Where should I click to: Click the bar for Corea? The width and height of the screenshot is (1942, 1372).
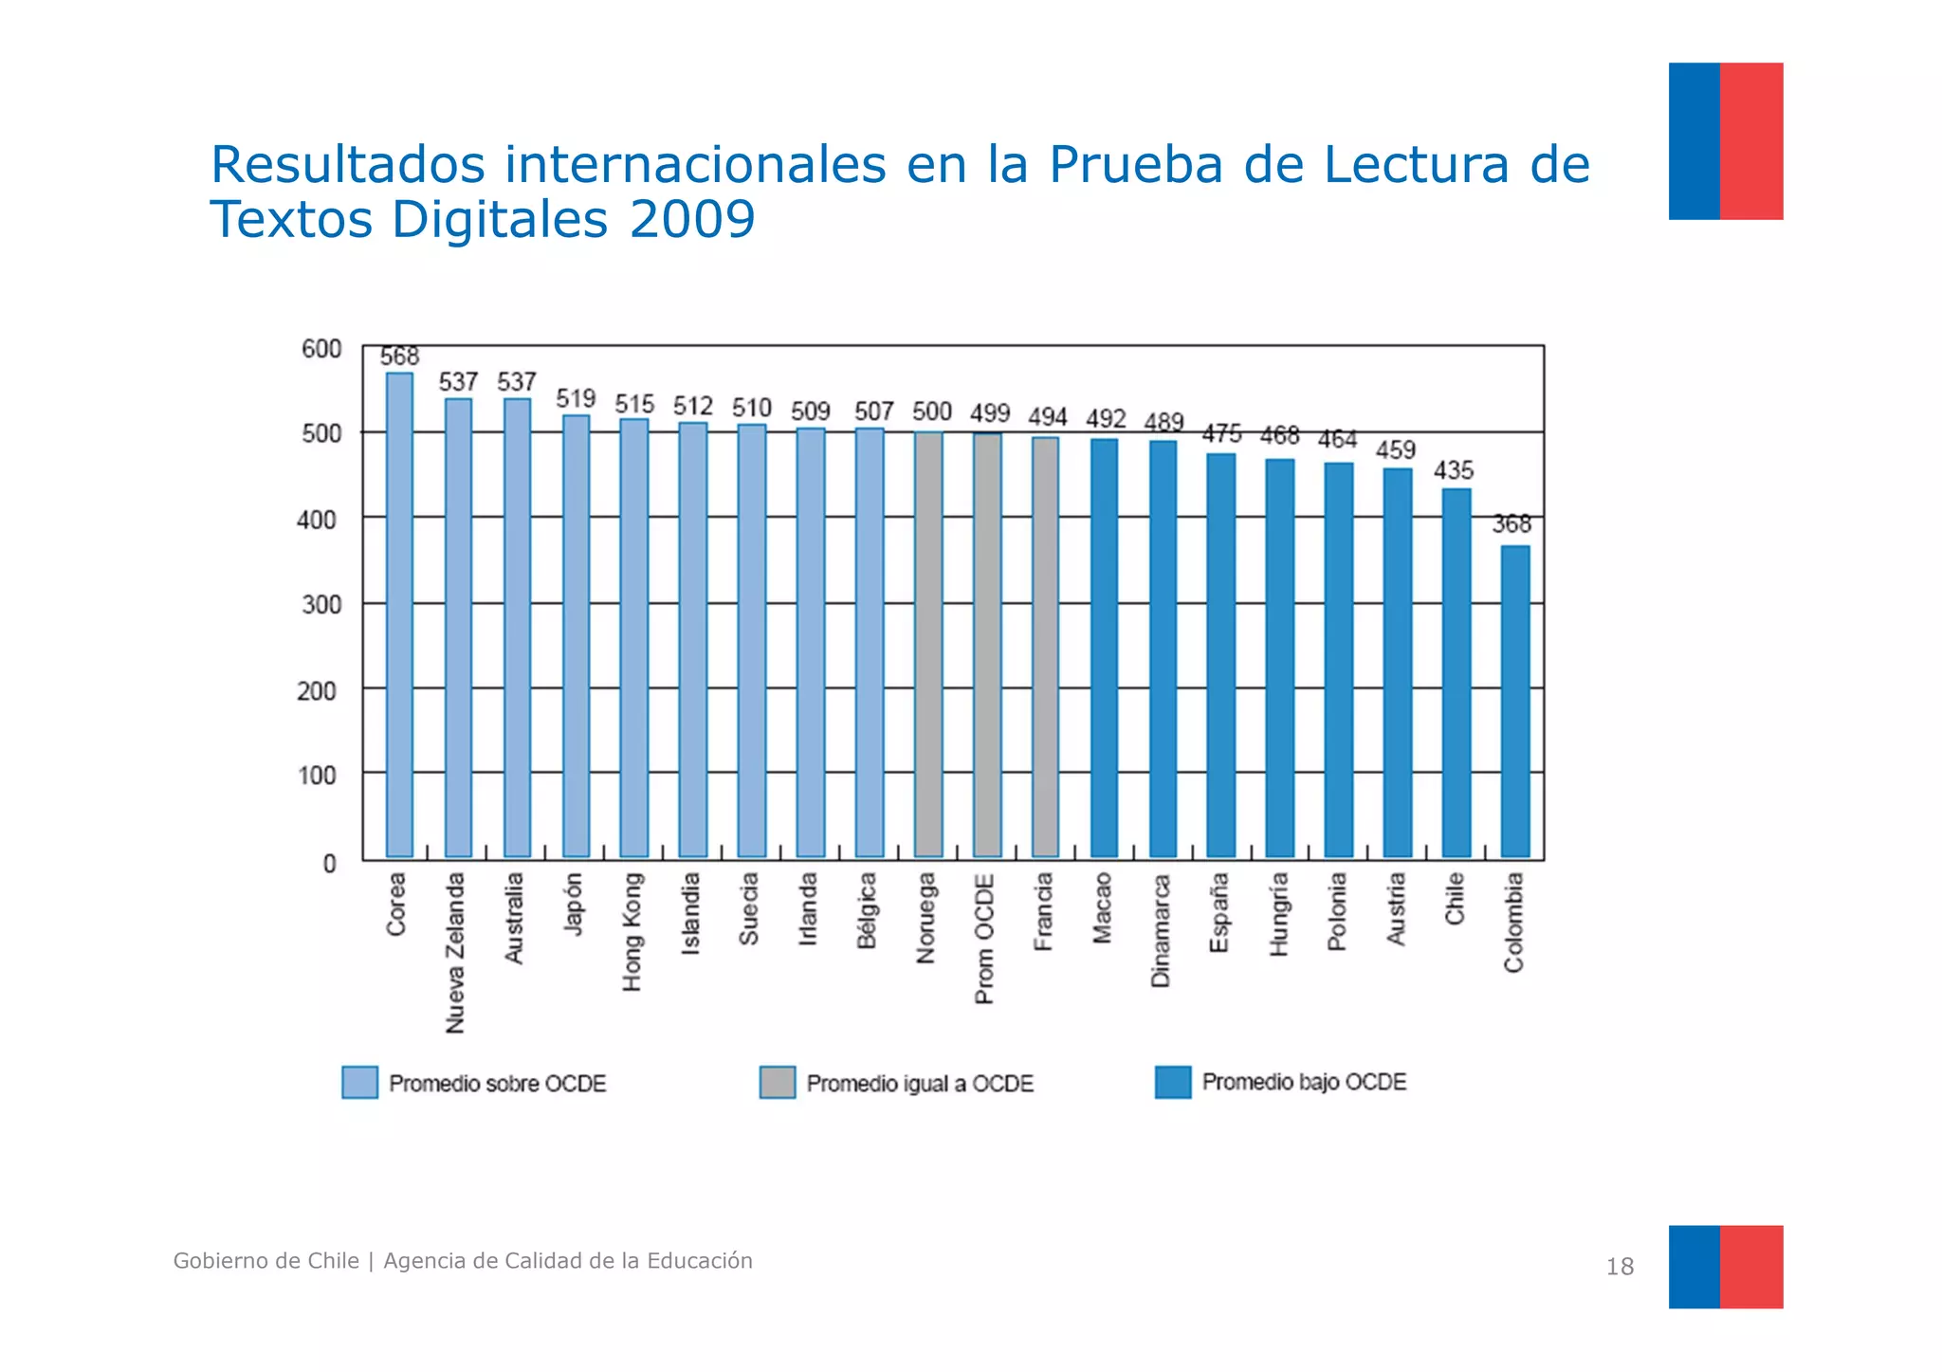click(x=399, y=616)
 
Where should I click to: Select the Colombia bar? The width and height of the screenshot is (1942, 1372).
click(x=1514, y=702)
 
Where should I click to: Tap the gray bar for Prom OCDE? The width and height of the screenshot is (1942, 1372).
click(x=987, y=645)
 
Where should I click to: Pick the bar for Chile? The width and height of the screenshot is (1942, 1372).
click(x=1456, y=673)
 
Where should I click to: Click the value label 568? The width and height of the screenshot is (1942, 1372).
click(x=399, y=357)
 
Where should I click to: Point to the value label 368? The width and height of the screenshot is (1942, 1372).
click(x=1511, y=524)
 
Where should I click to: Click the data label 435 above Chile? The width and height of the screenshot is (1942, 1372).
click(x=1453, y=470)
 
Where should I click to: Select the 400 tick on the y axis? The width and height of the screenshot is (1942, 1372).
click(x=316, y=520)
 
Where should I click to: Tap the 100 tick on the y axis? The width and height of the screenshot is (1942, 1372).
click(x=317, y=776)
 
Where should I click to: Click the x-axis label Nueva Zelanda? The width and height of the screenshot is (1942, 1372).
click(x=456, y=952)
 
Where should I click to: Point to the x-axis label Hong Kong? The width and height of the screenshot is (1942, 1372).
click(x=632, y=931)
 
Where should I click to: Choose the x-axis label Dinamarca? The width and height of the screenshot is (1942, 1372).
click(x=1161, y=929)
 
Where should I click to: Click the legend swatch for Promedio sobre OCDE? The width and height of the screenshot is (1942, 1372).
click(x=359, y=1082)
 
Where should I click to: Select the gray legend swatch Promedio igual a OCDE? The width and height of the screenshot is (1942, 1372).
click(x=777, y=1082)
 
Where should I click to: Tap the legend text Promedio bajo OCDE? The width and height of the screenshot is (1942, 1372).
click(x=1303, y=1082)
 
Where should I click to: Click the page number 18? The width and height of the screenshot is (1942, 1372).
click(x=1619, y=1267)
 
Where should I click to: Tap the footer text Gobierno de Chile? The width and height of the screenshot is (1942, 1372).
click(x=266, y=1261)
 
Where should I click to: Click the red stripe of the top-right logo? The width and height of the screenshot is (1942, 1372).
click(x=1750, y=141)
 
